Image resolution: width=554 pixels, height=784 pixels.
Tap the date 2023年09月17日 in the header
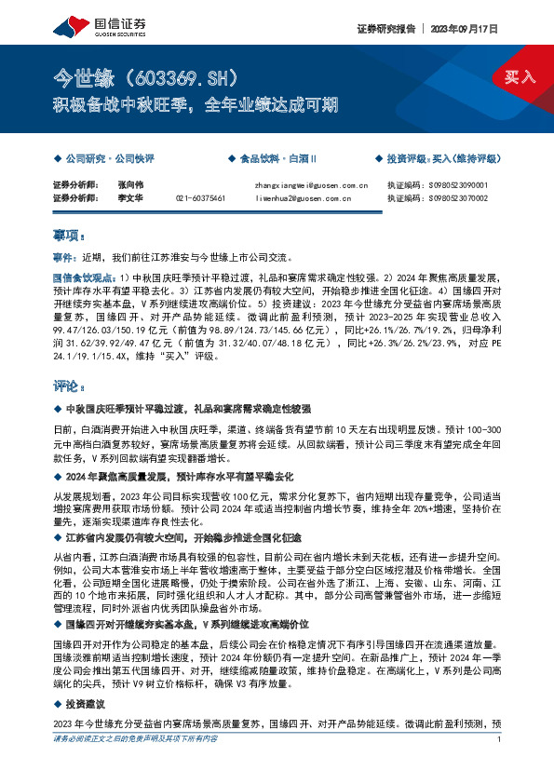tap(471, 29)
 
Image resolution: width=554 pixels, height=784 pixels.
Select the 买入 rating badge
tap(520, 77)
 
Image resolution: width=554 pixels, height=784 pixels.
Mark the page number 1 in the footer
tap(500, 765)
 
